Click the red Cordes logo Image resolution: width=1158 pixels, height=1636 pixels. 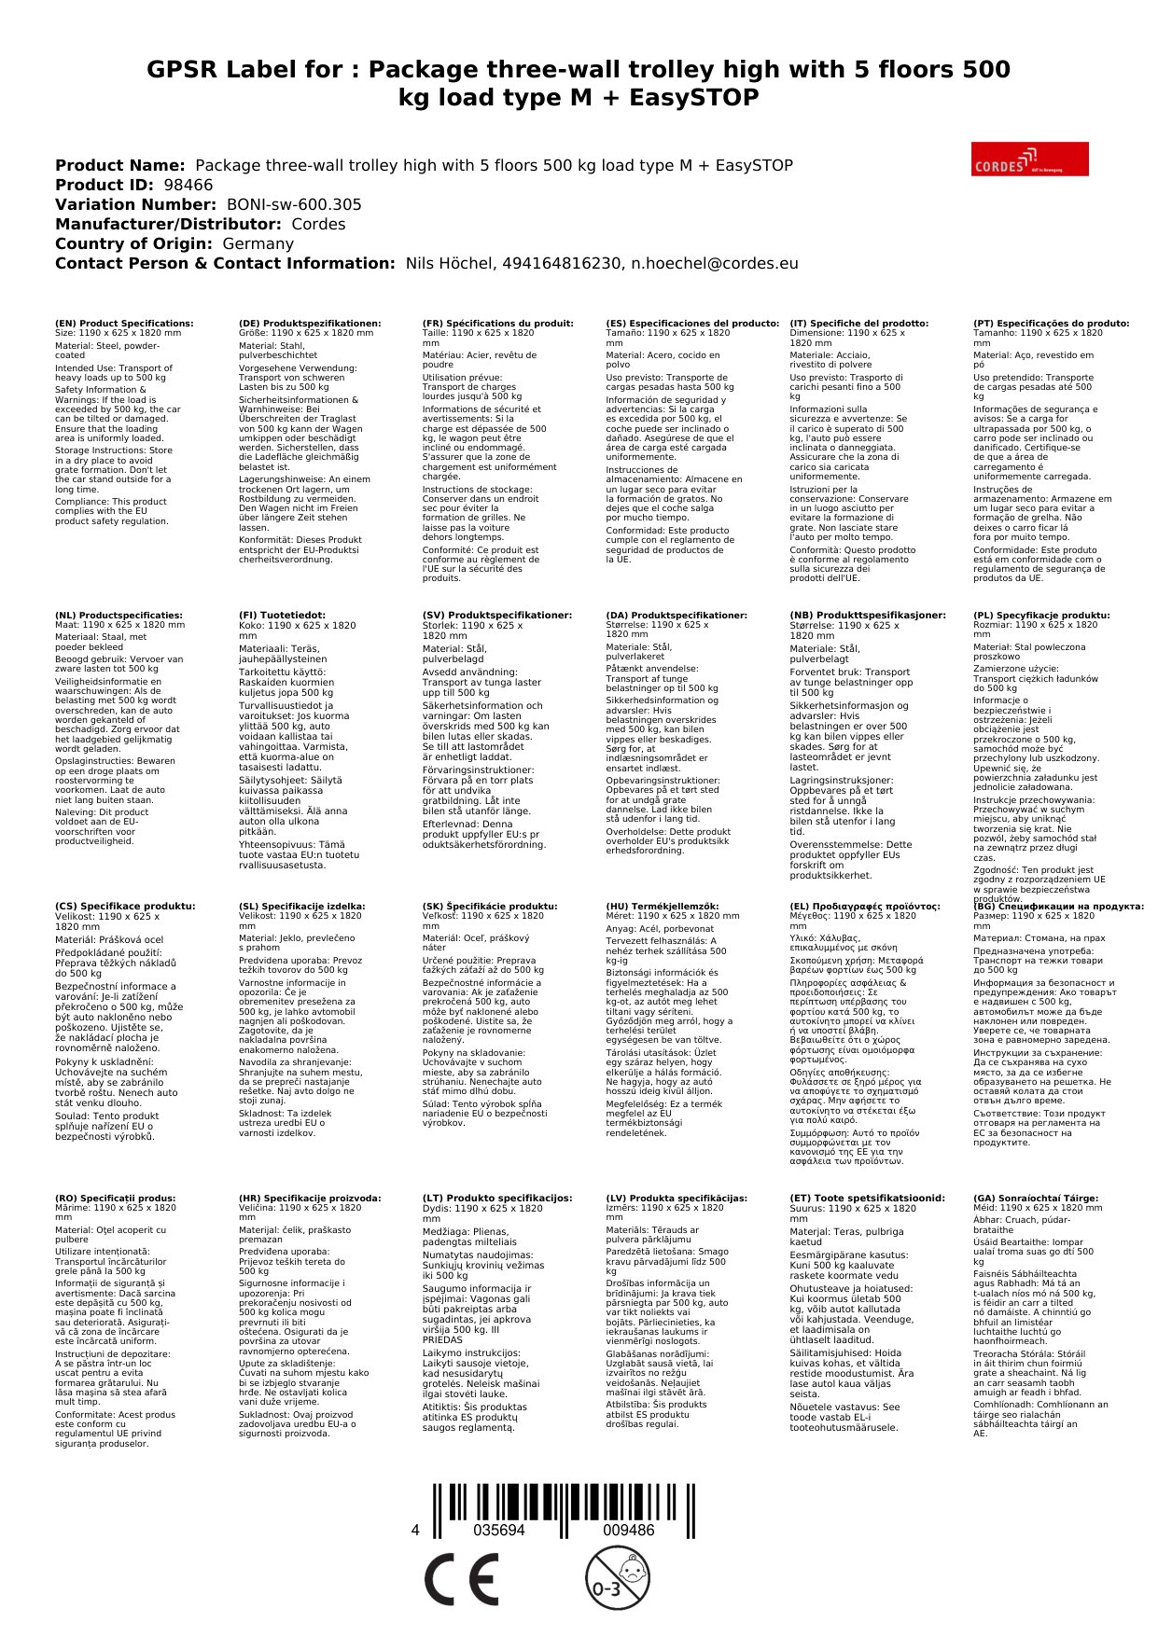tap(1029, 159)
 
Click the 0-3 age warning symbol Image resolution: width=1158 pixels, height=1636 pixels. tap(617, 1577)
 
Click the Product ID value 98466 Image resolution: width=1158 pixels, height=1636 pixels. tap(188, 185)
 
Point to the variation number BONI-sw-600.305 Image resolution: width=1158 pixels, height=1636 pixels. tap(294, 204)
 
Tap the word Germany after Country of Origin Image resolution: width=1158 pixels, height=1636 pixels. tap(258, 243)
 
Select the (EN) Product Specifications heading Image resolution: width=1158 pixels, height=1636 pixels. tap(124, 324)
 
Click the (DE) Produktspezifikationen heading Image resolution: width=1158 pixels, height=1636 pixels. tap(310, 324)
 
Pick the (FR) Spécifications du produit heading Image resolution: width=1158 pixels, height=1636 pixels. tap(497, 324)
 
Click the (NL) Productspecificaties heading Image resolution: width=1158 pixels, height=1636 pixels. tap(119, 616)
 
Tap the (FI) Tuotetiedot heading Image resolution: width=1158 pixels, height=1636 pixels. tap(282, 616)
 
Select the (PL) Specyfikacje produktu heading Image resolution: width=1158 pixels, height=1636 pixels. tap(1041, 616)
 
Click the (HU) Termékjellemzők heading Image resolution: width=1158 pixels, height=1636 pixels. tap(663, 906)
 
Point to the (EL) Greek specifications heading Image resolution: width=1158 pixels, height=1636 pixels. tap(864, 906)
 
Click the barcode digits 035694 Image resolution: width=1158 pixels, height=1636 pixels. tap(499, 1531)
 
